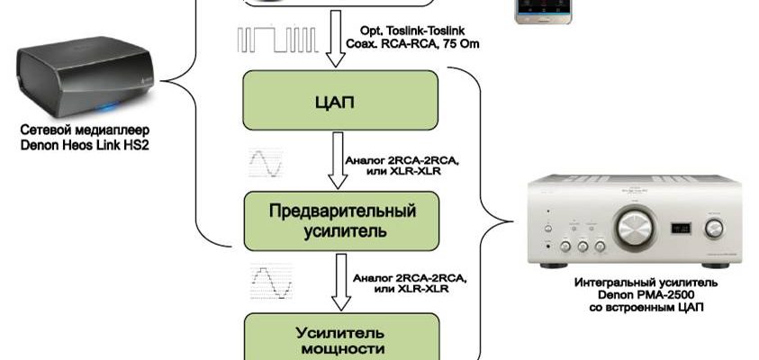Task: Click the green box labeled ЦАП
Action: pos(340,102)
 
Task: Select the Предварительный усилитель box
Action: pos(340,220)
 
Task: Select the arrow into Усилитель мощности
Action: pos(340,279)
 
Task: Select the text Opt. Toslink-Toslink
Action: pos(406,30)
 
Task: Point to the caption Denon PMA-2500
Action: pos(639,294)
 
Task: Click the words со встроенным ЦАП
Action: pos(639,308)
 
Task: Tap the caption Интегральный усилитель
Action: pos(639,282)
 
